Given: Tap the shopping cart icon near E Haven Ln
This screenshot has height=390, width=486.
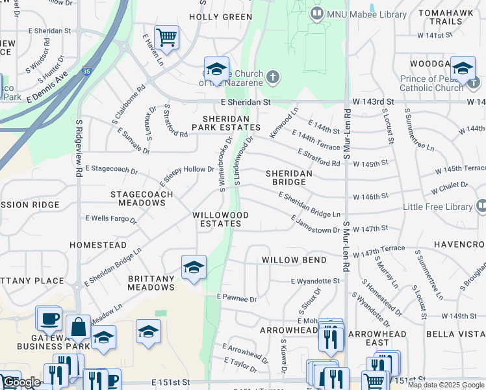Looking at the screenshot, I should (x=167, y=38).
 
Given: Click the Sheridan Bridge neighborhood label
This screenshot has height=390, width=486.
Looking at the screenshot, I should (x=289, y=178).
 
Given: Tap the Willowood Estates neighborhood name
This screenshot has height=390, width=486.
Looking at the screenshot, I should (x=221, y=219).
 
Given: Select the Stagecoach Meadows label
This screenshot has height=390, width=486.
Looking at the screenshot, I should (x=142, y=198).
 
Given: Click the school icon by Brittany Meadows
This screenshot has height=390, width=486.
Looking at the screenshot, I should (x=194, y=267).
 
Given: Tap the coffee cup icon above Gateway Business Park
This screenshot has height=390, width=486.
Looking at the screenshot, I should (x=49, y=318).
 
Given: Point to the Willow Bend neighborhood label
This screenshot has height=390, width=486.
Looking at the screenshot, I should (x=294, y=260).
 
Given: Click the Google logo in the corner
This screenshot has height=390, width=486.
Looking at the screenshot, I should (x=21, y=382).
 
